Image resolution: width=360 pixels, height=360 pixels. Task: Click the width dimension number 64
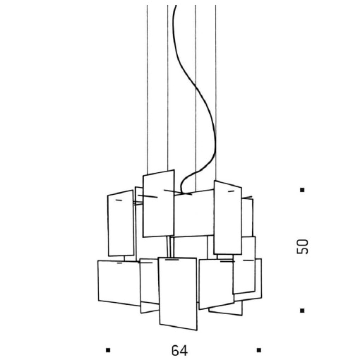(x=179, y=350)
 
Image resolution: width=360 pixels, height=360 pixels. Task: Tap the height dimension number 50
(x=303, y=246)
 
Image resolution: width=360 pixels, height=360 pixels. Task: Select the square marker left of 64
(x=108, y=349)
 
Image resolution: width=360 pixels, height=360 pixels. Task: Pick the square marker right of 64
(x=259, y=349)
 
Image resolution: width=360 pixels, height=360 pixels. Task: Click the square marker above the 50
(x=302, y=190)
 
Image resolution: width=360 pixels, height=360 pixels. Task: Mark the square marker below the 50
(x=302, y=310)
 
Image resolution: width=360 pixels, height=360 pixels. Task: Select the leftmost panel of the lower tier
(x=118, y=282)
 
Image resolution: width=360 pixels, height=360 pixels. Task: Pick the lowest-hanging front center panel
(x=177, y=293)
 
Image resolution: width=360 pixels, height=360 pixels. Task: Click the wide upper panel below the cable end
(x=194, y=215)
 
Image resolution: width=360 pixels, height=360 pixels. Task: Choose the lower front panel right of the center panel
(x=216, y=282)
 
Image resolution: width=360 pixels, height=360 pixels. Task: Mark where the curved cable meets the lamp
(x=181, y=191)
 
